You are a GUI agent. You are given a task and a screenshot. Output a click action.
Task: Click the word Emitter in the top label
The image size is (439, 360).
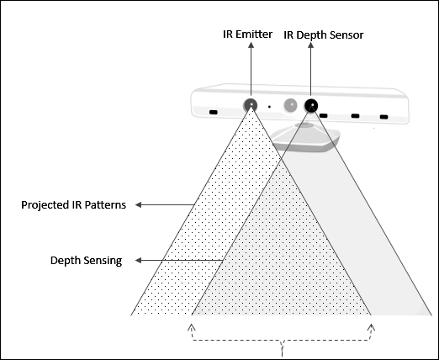(x=254, y=34)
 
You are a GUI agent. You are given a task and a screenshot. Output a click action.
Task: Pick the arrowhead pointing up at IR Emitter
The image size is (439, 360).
(x=251, y=45)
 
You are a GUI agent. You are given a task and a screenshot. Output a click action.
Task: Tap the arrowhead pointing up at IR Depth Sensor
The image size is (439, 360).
(x=310, y=45)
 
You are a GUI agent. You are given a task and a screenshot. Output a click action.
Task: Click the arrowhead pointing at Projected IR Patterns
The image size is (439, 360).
(x=138, y=205)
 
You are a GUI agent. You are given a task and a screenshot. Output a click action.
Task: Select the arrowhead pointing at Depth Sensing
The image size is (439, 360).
(x=138, y=261)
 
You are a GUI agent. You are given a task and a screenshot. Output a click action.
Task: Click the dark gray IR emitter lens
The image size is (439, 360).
(x=251, y=105)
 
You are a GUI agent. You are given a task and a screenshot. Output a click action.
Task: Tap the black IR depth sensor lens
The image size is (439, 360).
(x=311, y=105)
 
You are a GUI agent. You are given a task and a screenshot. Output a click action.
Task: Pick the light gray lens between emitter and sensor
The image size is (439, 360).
(x=290, y=105)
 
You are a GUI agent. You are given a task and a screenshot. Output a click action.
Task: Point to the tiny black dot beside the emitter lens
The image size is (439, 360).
(x=269, y=107)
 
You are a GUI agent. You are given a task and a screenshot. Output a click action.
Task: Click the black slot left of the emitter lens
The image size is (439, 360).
(x=214, y=113)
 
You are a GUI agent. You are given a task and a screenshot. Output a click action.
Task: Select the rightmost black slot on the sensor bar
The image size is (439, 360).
(x=383, y=117)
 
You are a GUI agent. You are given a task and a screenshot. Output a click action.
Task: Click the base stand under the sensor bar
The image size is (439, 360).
(x=305, y=137)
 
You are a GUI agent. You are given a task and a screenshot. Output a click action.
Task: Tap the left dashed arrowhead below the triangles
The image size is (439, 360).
(x=192, y=327)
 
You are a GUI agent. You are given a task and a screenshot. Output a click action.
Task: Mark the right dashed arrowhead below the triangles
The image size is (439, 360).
(x=372, y=327)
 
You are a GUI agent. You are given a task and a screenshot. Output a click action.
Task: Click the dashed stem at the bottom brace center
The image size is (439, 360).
(x=282, y=349)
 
